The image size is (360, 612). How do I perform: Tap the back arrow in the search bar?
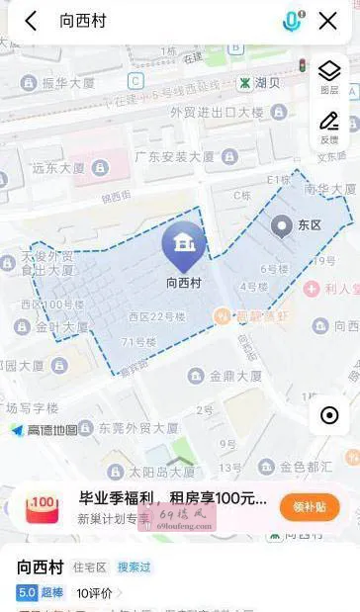click(x=31, y=21)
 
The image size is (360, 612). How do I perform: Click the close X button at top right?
click(x=328, y=21)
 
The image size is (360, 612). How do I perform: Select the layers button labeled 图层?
click(x=329, y=76)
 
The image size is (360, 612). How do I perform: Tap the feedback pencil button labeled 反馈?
click(x=329, y=127)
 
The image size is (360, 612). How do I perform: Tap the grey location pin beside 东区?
click(x=282, y=226)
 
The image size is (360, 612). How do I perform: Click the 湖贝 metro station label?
click(x=259, y=82)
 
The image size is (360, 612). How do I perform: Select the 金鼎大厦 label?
click(x=235, y=376)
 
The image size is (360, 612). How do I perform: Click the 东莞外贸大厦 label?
click(x=135, y=429)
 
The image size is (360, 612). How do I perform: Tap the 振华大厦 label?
click(x=70, y=84)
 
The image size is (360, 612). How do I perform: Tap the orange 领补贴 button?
click(x=309, y=507)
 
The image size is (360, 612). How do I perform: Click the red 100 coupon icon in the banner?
click(x=43, y=507)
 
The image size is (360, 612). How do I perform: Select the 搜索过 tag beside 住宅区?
click(x=135, y=568)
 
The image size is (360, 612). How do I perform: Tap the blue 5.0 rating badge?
click(x=26, y=592)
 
